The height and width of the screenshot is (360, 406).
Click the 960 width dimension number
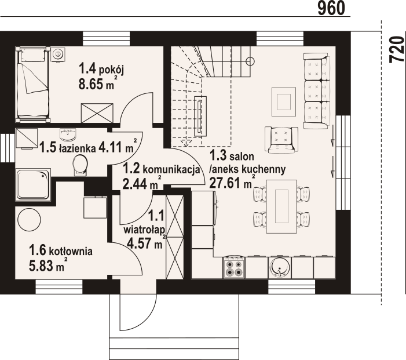331,8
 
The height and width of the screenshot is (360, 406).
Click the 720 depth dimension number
397,49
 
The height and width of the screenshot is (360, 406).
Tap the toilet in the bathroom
80,165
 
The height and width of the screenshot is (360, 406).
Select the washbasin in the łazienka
68,134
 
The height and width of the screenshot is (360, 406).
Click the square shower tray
33,184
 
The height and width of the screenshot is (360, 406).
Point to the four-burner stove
233,267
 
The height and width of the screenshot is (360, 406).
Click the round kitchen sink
279,267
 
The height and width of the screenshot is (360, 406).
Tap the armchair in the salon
281,140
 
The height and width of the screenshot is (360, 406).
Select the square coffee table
284,101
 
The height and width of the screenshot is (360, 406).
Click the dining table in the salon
281,206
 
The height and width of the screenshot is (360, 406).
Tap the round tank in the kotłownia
29,220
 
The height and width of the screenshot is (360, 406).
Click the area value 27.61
226,183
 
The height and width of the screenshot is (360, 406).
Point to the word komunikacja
171,170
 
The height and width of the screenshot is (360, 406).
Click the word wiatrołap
145,230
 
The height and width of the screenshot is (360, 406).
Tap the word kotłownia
71,251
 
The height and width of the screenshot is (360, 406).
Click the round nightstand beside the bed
57,54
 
